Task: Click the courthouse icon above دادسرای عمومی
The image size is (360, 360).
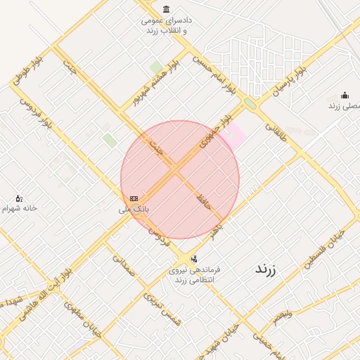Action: pyautogui.click(x=166, y=9)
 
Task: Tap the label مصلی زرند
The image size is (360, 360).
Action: pyautogui.click(x=344, y=105)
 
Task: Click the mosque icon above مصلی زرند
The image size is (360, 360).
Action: pyautogui.click(x=345, y=96)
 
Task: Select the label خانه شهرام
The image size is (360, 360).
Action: pyautogui.click(x=20, y=208)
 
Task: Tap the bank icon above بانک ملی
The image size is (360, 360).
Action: pyautogui.click(x=134, y=199)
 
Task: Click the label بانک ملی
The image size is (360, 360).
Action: pyautogui.click(x=133, y=209)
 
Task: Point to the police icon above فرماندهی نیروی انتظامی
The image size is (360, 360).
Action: pyautogui.click(x=194, y=259)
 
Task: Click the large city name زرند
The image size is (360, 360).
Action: pyautogui.click(x=265, y=269)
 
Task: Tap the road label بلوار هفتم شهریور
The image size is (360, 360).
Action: pyautogui.click(x=156, y=82)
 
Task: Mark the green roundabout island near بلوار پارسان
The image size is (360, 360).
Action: pyautogui.click(x=250, y=104)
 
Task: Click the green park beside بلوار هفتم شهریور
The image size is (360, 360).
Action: pyautogui.click(x=156, y=67)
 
